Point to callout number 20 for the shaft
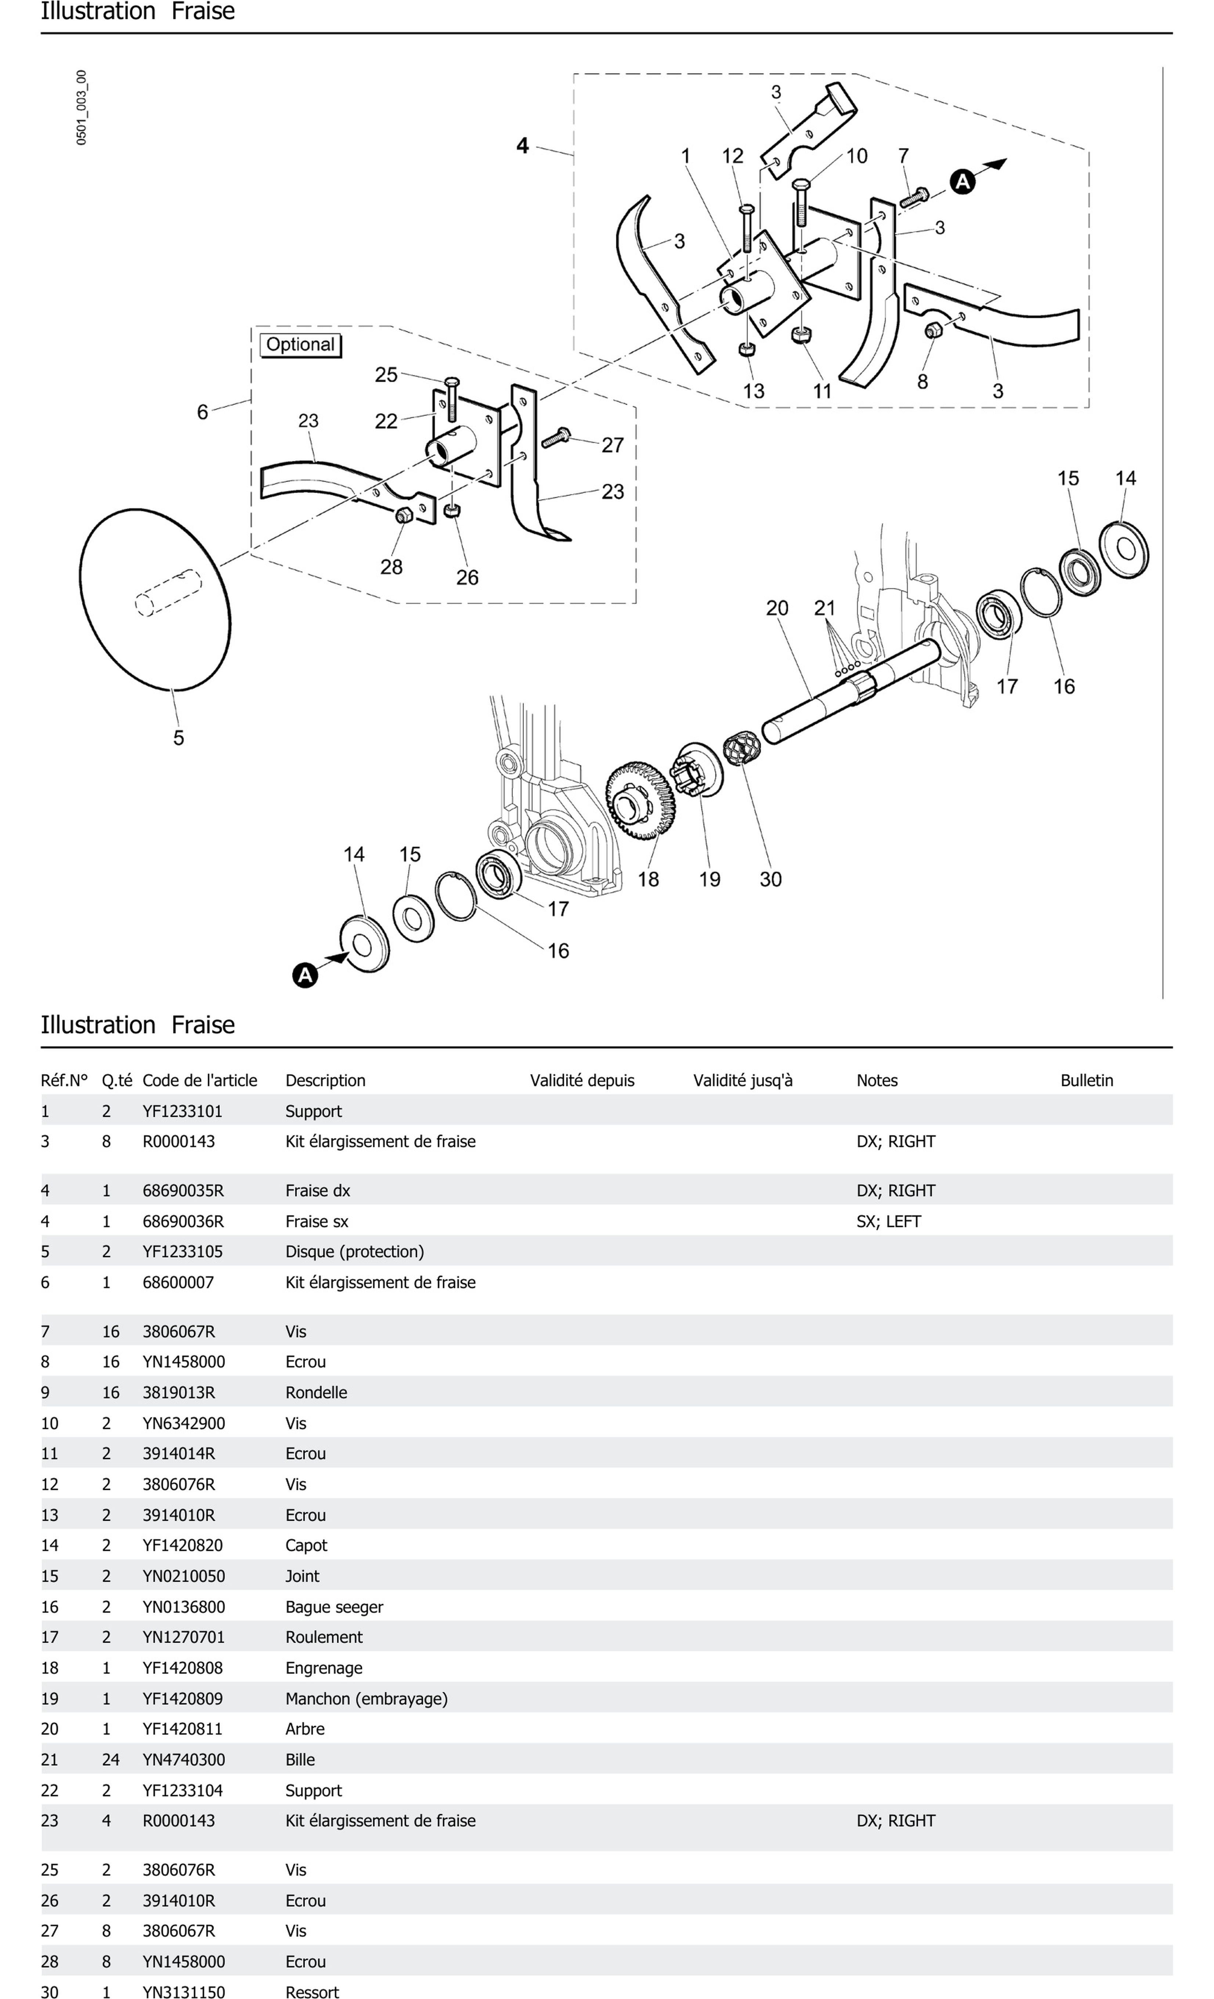coord(777,608)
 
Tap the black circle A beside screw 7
coord(962,182)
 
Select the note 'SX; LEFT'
coord(889,1221)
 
